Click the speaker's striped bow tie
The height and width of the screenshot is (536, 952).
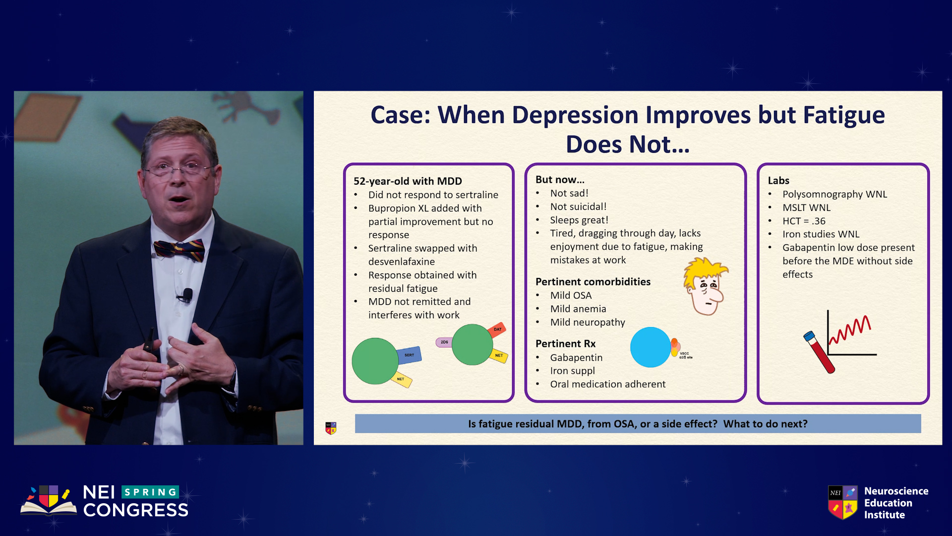tap(179, 250)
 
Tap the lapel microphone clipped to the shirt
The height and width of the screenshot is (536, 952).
tap(187, 295)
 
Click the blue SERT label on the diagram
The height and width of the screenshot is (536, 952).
tap(409, 355)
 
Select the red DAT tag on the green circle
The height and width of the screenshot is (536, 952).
tap(497, 330)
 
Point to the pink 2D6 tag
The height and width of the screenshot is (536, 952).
tap(444, 342)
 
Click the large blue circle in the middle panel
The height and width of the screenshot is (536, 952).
tap(651, 347)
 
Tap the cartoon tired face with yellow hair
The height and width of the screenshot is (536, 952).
tap(706, 286)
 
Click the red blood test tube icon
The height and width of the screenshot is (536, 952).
tap(819, 352)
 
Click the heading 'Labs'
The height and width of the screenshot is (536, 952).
tap(778, 181)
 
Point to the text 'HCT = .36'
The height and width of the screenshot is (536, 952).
tap(804, 221)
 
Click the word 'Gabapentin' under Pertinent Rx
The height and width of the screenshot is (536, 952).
tap(576, 357)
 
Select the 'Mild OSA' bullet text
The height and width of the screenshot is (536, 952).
tap(571, 295)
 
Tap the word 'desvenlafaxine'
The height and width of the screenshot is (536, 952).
tap(402, 262)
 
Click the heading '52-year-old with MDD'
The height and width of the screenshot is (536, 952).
tap(408, 181)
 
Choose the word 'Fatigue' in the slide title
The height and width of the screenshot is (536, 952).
tap(844, 115)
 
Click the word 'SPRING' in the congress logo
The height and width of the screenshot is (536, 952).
tap(150, 492)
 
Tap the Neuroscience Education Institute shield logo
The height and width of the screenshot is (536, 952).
tap(843, 502)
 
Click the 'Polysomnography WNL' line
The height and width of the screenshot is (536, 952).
tap(835, 194)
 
